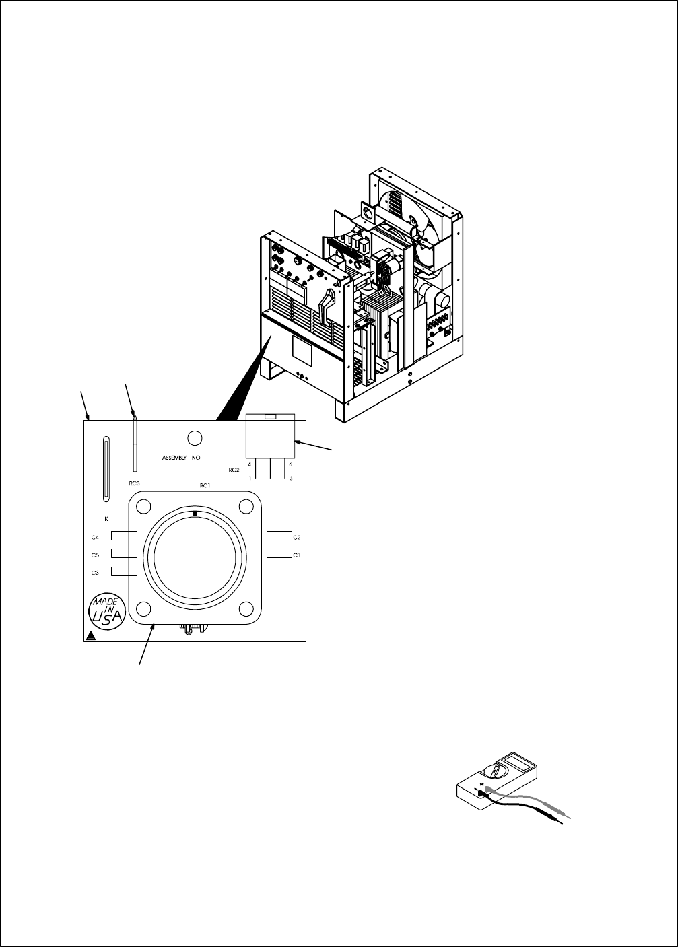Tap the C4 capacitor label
(x=96, y=536)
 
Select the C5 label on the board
(x=96, y=555)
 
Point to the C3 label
(x=96, y=572)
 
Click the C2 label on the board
(x=296, y=536)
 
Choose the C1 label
(x=296, y=554)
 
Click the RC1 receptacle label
(x=205, y=485)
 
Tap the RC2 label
(x=234, y=470)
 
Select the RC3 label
(x=134, y=483)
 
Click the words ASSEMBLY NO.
(x=187, y=457)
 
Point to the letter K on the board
(x=106, y=519)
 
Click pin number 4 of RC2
(x=250, y=464)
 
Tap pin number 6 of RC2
(x=290, y=464)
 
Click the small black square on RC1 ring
(x=195, y=514)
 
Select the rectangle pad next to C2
(x=279, y=536)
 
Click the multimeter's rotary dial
(x=496, y=776)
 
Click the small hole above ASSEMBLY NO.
(x=195, y=438)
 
